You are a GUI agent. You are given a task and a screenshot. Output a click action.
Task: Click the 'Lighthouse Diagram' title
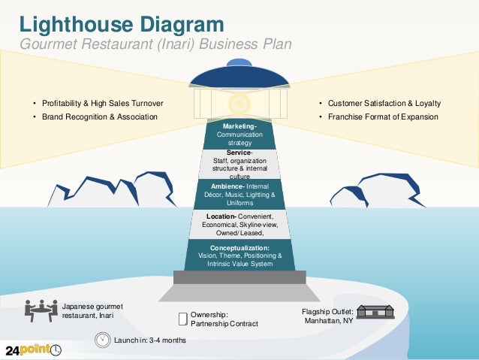click(121, 23)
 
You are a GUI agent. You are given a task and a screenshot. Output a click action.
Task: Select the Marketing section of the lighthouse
click(239, 133)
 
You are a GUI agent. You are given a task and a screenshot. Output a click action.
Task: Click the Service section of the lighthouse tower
click(239, 163)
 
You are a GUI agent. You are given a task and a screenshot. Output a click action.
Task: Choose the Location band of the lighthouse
click(239, 225)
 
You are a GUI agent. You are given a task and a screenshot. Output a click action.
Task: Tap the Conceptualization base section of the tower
click(239, 256)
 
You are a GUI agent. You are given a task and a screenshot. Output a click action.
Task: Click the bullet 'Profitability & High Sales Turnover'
click(102, 103)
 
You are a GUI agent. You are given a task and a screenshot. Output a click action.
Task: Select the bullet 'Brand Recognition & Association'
click(99, 116)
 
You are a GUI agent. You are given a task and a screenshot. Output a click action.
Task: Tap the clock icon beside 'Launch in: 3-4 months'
click(102, 340)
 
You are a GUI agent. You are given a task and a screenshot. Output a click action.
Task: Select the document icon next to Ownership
click(182, 319)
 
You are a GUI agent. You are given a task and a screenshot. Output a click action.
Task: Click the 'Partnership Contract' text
click(224, 323)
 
